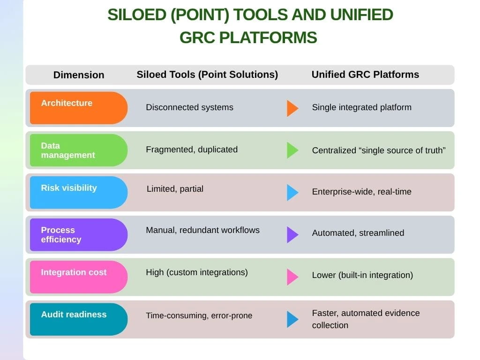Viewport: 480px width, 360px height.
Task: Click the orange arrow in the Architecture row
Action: [292, 108]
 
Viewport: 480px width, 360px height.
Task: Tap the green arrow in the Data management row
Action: [292, 150]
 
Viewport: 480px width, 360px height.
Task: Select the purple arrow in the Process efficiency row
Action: [292, 235]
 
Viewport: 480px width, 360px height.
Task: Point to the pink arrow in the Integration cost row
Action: [292, 277]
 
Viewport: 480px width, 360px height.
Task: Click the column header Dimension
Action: [79, 75]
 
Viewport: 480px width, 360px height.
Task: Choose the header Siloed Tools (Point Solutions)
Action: [207, 75]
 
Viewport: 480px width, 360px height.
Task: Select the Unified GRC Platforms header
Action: [365, 75]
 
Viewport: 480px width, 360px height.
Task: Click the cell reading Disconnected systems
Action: [189, 107]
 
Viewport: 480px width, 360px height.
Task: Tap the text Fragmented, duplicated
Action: [192, 150]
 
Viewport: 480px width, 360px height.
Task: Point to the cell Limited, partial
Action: [175, 189]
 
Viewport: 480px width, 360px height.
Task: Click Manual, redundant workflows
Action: [202, 230]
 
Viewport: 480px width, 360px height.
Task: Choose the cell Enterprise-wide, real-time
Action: [361, 192]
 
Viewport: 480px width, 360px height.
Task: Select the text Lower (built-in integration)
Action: [362, 275]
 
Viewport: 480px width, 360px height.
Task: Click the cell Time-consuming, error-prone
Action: [199, 315]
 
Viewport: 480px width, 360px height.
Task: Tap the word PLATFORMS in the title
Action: [268, 37]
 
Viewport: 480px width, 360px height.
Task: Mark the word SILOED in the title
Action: [137, 15]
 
